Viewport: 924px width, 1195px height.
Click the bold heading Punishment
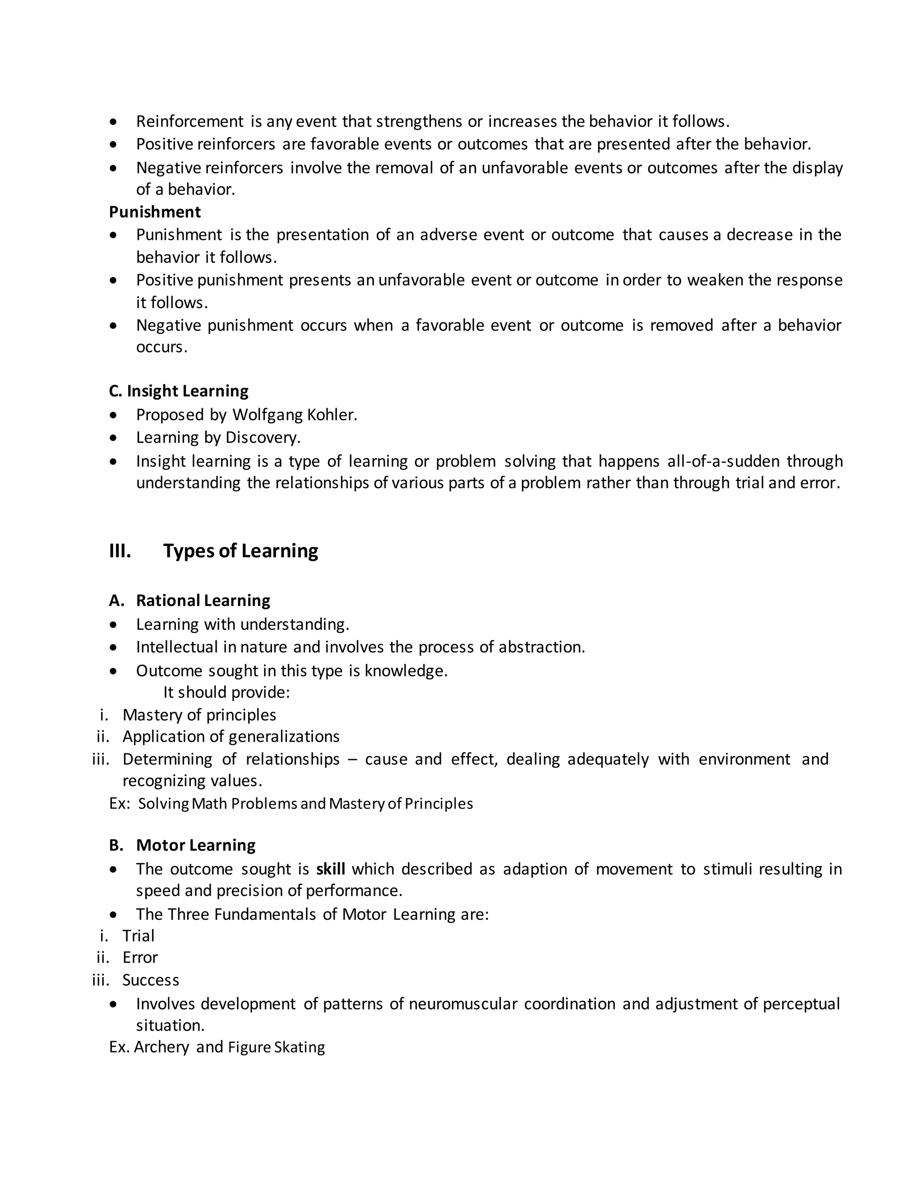(155, 212)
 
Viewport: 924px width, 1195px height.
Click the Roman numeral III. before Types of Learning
(120, 551)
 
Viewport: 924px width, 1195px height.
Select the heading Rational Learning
(203, 600)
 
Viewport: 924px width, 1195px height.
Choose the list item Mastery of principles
(199, 715)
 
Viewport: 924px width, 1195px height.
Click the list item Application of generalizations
(231, 736)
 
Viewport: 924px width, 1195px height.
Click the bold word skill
(331, 869)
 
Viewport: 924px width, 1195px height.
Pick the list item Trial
(139, 936)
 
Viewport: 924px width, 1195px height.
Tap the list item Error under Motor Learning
(140, 957)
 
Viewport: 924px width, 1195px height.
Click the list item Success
(151, 980)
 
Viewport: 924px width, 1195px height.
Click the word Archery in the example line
(162, 1047)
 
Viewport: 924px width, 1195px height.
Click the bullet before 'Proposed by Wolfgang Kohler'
(113, 415)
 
